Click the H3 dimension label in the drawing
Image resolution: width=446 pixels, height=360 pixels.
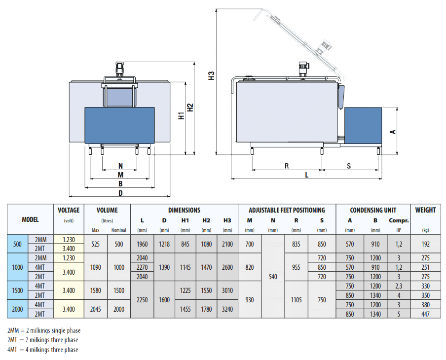pyautogui.click(x=212, y=76)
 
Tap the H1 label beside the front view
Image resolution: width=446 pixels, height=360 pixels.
pyautogui.click(x=182, y=116)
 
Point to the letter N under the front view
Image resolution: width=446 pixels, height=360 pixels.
pyautogui.click(x=120, y=166)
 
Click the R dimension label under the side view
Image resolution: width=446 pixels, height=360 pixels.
pyautogui.click(x=287, y=166)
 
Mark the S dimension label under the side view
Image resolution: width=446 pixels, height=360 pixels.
pyautogui.click(x=348, y=166)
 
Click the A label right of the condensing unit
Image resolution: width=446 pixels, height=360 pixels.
pyautogui.click(x=393, y=131)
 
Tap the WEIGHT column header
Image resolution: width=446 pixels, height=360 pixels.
pyautogui.click(x=425, y=210)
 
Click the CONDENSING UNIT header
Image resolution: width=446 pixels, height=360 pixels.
pyautogui.click(x=373, y=210)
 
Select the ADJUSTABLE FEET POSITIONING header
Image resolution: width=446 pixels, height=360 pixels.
pyautogui.click(x=287, y=210)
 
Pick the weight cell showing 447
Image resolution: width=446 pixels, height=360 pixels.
pyautogui.click(x=425, y=314)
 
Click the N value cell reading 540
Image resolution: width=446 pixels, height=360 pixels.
pyautogui.click(x=273, y=277)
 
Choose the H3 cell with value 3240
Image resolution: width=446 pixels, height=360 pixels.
pyautogui.click(x=227, y=309)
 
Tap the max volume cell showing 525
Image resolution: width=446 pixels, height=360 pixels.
pyautogui.click(x=96, y=244)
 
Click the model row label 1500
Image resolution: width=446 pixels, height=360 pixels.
pyautogui.click(x=17, y=290)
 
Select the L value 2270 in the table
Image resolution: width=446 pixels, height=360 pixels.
pyautogui.click(x=142, y=267)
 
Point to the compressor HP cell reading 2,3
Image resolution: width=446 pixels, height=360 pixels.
pyautogui.click(x=399, y=286)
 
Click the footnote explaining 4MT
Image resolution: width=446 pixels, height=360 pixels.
pyautogui.click(x=42, y=350)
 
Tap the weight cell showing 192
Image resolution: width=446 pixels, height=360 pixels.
pyautogui.click(x=425, y=244)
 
